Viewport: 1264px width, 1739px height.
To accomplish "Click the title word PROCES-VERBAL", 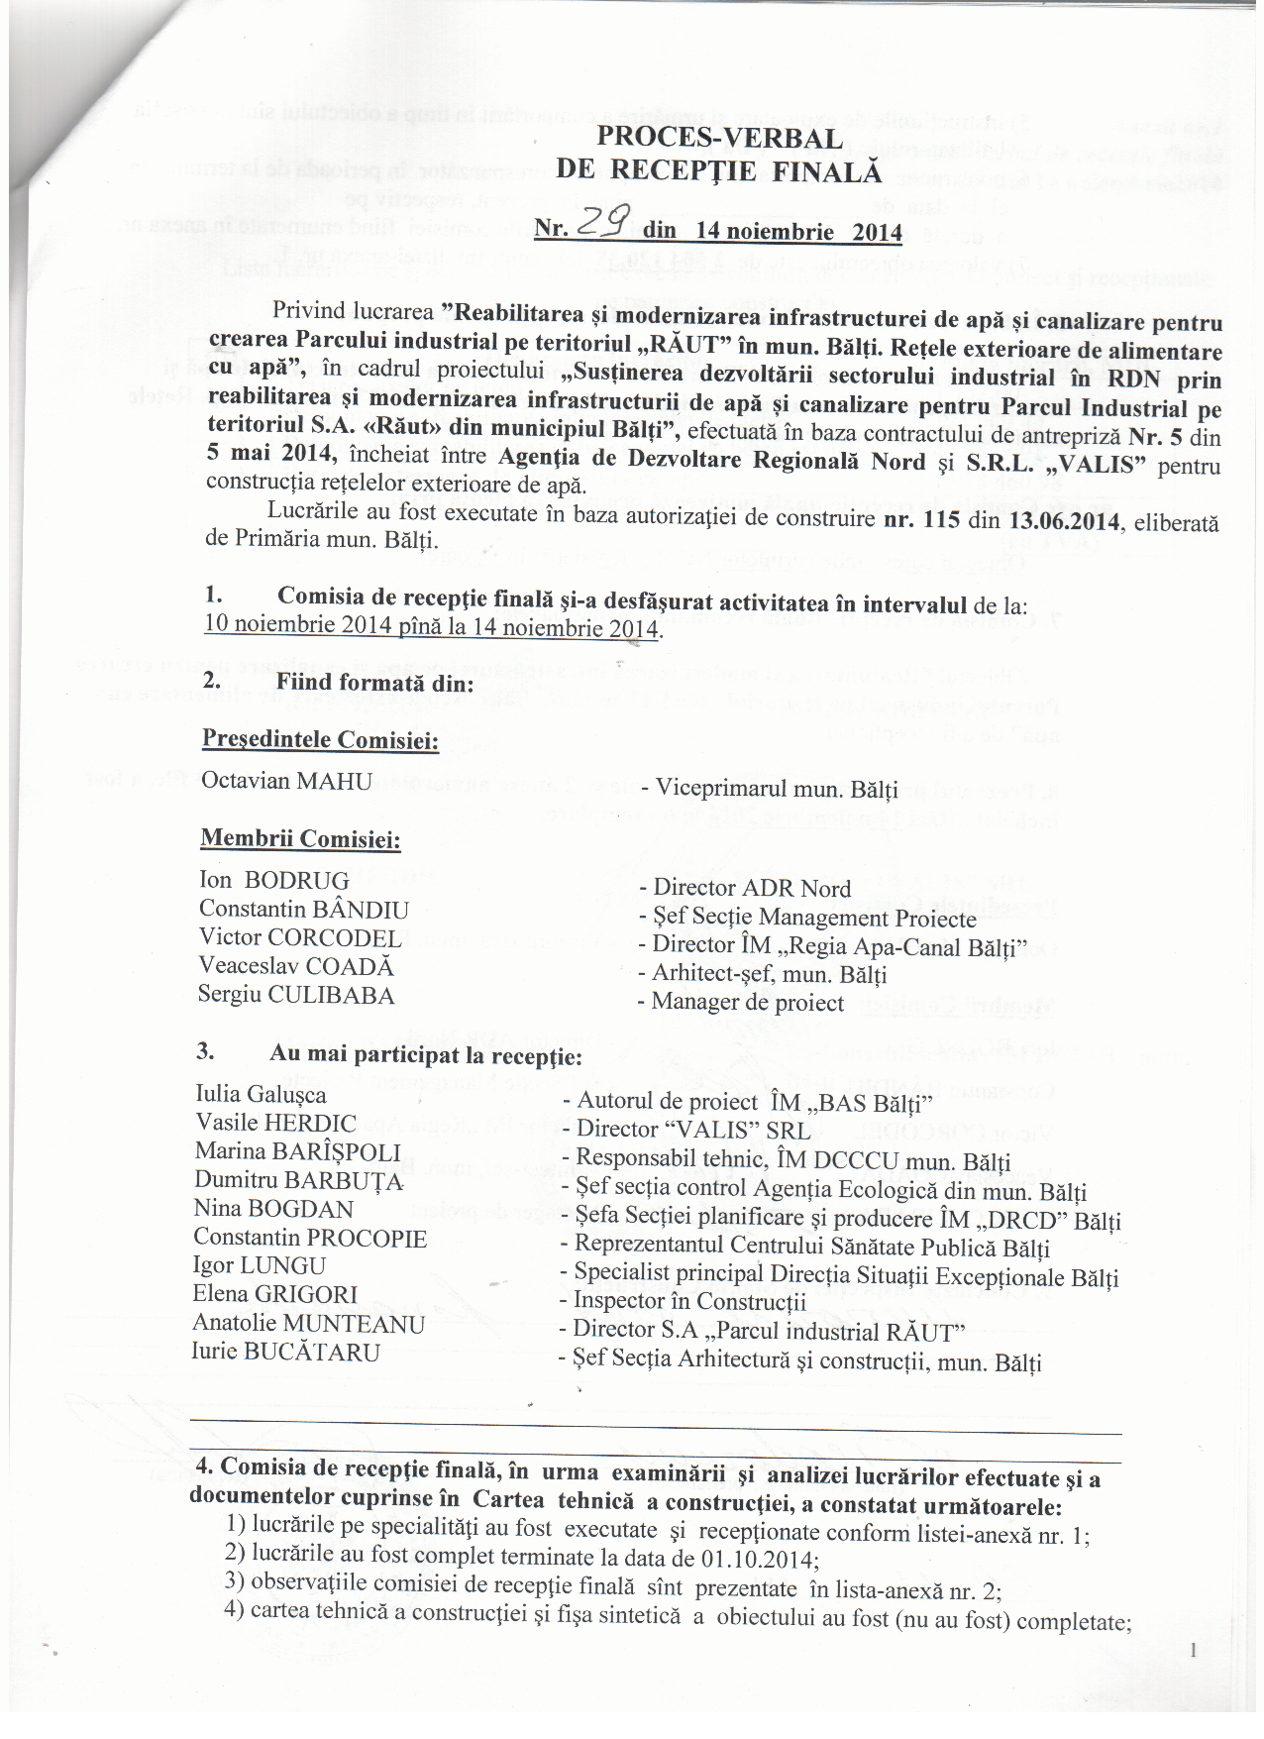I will [719, 138].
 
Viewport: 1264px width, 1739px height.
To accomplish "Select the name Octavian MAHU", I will [286, 781].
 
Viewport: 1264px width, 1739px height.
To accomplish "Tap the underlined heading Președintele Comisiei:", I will [320, 739].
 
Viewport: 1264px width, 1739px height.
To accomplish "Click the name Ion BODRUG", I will [274, 880].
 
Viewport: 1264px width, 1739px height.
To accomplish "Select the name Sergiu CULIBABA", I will [296, 995].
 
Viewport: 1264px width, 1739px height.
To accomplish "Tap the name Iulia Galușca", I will [261, 1094].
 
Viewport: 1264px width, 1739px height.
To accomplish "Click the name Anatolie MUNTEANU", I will [308, 1323].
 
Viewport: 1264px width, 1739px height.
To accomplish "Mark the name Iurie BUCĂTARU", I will [285, 1352].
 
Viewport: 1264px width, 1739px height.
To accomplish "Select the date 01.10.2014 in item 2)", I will [757, 1559].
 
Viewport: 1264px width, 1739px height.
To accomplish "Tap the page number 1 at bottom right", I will [1194, 1649].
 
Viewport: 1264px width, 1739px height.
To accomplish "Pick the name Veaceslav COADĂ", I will [295, 966].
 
